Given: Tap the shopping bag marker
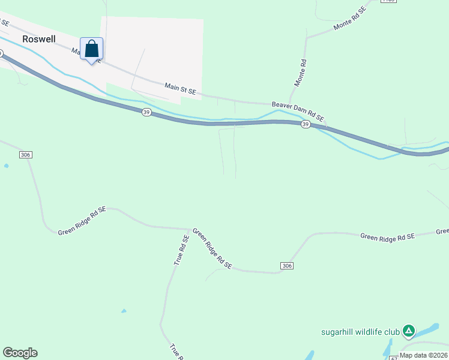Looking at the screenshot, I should pyautogui.click(x=91, y=49).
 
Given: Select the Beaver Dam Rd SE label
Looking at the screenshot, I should pyautogui.click(x=298, y=112).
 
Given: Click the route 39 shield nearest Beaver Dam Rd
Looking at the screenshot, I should pyautogui.click(x=306, y=124).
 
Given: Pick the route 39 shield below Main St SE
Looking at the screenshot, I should pyautogui.click(x=146, y=112).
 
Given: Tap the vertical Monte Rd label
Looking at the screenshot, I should pyautogui.click(x=300, y=71).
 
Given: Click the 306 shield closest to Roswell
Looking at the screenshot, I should pyautogui.click(x=25, y=155).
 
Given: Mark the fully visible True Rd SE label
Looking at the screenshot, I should pyautogui.click(x=181, y=250).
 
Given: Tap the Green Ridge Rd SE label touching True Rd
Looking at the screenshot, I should pyautogui.click(x=211, y=248).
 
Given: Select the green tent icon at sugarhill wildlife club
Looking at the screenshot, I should pyautogui.click(x=409, y=330).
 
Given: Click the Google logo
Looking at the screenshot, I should pyautogui.click(x=20, y=353).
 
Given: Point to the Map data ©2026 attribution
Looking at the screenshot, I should pyautogui.click(x=424, y=355).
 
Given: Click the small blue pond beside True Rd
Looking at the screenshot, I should pyautogui.click(x=124, y=311).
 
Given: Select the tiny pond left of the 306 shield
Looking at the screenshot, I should pyautogui.click(x=6, y=166).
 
